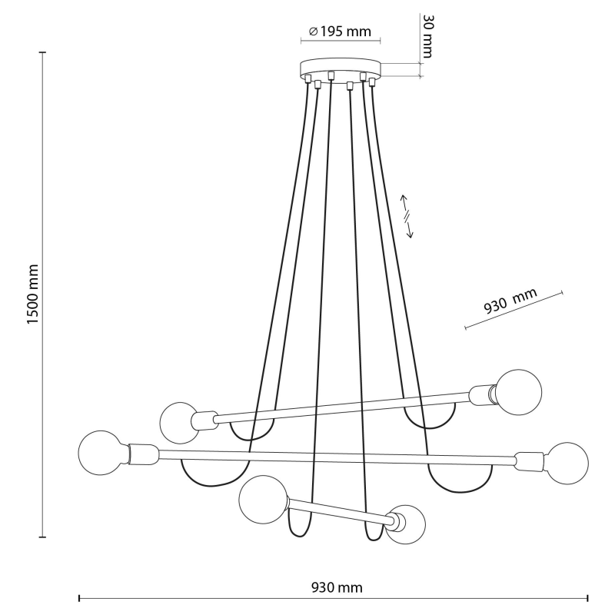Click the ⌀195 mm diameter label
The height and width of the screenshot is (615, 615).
coord(340,32)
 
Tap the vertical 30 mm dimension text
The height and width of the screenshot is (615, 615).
coord(428,36)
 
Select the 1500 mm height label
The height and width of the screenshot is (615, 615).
coord(33,294)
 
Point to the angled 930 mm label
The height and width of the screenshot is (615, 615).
coord(510,301)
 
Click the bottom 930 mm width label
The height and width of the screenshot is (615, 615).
coord(337,587)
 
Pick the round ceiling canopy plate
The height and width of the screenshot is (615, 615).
coord(341,68)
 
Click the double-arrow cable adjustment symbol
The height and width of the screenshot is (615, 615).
coord(407,216)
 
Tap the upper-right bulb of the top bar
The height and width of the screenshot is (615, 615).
coord(518,392)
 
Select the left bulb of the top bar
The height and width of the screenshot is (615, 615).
coord(180,424)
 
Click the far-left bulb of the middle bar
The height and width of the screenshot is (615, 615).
coord(103,453)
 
